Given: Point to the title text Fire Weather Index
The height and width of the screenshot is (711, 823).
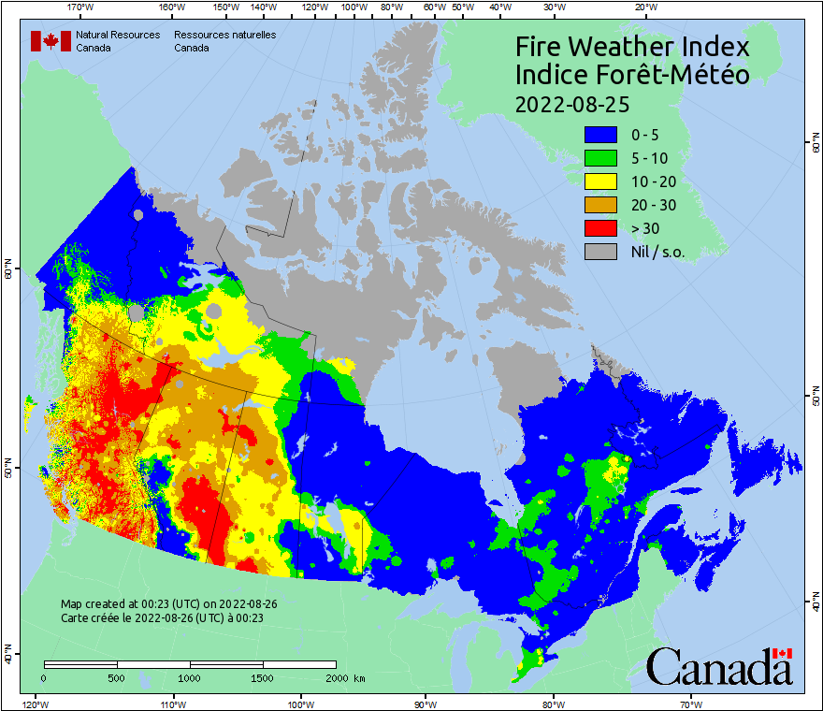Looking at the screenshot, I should (x=632, y=47).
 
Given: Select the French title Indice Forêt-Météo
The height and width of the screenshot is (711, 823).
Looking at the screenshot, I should (x=632, y=75).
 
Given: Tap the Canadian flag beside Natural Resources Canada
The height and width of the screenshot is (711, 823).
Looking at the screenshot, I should (x=50, y=41).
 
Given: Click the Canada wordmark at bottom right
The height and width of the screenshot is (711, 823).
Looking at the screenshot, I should (x=719, y=667).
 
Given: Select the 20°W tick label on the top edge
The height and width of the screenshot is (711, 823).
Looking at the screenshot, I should (x=644, y=7).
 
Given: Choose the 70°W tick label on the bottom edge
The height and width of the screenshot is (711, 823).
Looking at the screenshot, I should (x=691, y=704).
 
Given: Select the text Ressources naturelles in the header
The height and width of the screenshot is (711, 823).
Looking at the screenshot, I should (x=224, y=35).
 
